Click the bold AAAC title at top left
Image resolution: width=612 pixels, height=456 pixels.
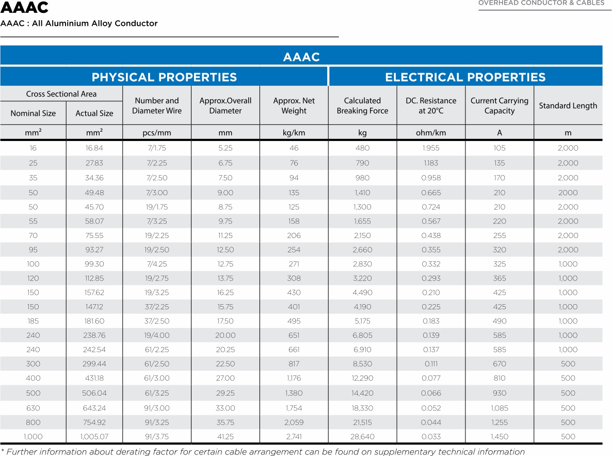coord(25,8)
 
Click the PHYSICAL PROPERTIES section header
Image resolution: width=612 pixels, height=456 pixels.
coord(164,77)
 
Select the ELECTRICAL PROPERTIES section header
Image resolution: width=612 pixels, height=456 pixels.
coord(465,77)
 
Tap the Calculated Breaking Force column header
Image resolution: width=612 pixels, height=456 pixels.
coord(362,106)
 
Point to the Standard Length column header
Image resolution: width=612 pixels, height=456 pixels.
coord(568,106)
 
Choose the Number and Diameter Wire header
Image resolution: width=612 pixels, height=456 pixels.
coord(157,106)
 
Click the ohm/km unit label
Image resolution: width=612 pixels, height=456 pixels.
coord(431,133)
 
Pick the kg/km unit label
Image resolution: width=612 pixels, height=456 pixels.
coord(294,133)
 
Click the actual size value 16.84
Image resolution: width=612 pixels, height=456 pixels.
coord(94,148)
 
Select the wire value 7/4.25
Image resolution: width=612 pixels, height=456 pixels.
coord(157,264)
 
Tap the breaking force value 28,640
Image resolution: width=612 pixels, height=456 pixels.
coord(362,436)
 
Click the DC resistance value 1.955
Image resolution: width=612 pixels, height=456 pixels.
coord(431,148)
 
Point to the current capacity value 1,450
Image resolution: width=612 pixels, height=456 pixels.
coord(500,436)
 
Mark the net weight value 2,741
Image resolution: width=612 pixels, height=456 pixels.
coord(294,436)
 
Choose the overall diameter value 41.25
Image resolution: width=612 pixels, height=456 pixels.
coord(226,436)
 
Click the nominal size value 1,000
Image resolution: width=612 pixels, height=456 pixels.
coord(33,436)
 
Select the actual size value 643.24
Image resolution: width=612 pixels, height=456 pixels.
coord(94,408)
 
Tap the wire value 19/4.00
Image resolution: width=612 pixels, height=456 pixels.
coord(157,335)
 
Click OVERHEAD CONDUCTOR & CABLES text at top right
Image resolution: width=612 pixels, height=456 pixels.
coord(541,3)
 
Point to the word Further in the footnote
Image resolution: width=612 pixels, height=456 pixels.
coord(24,452)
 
